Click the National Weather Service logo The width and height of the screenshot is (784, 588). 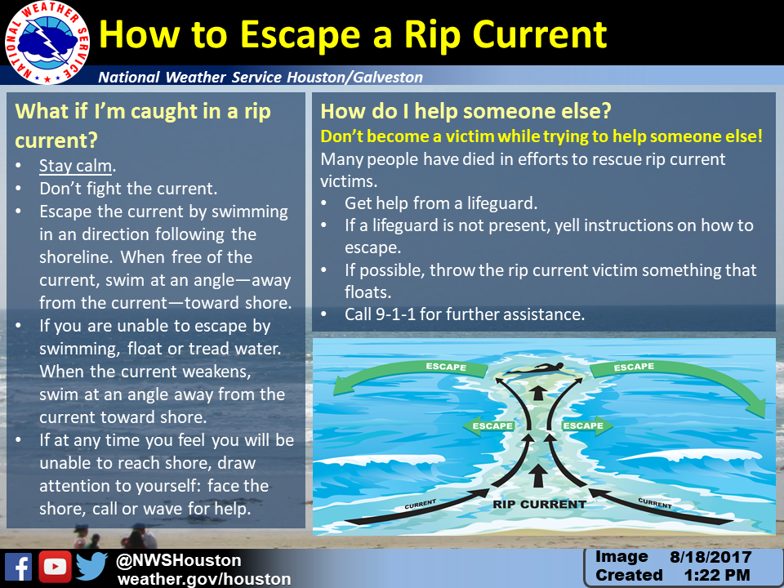click(47, 42)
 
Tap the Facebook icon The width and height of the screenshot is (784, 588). click(19, 567)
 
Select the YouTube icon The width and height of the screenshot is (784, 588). click(55, 567)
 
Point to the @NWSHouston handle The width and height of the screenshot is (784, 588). click(179, 560)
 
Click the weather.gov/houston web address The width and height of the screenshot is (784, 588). click(204, 579)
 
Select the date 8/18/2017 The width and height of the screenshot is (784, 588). click(710, 557)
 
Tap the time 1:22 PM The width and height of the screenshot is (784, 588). click(716, 575)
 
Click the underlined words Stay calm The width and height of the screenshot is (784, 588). click(75, 166)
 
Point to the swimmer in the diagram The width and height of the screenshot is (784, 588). click(538, 369)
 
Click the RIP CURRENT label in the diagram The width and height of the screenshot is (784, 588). click(539, 504)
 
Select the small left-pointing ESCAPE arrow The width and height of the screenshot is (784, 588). click(489, 426)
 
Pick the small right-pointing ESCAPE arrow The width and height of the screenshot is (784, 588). click(587, 426)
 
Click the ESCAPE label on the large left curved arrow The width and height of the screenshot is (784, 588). click(446, 367)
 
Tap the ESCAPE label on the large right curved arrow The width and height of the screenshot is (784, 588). click(634, 367)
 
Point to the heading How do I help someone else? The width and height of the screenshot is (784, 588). click(465, 111)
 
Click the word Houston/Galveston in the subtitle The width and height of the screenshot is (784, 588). click(354, 77)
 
